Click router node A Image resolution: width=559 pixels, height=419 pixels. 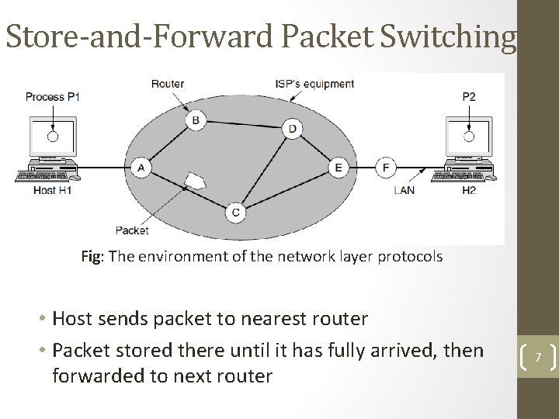[x=141, y=167]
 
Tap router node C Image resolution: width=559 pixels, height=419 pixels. [x=236, y=211]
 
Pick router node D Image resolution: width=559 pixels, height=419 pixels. [x=292, y=129]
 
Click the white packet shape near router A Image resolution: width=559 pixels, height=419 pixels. [x=195, y=182]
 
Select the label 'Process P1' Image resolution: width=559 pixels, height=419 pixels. [x=53, y=97]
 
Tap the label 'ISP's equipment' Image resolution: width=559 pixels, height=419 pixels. [x=314, y=84]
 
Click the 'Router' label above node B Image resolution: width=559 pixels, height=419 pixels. [x=168, y=84]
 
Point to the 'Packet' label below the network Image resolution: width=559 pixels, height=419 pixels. [x=132, y=229]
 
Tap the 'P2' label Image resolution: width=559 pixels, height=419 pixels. [x=469, y=97]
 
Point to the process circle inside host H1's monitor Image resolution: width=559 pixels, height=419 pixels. [x=53, y=137]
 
